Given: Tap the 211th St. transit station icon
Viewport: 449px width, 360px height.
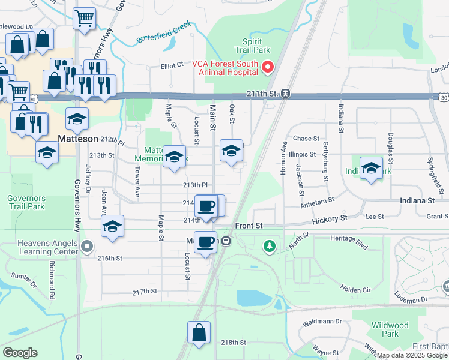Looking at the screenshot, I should [286, 94].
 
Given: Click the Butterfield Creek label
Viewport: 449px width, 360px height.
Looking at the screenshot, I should [163, 33].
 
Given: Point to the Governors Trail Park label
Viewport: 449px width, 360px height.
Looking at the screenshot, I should [26, 202].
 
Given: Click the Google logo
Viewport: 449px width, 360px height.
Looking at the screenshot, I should [20, 353].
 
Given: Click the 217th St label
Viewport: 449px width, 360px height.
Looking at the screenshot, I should [145, 292].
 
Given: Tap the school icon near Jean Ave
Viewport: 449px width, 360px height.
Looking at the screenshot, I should [112, 226].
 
